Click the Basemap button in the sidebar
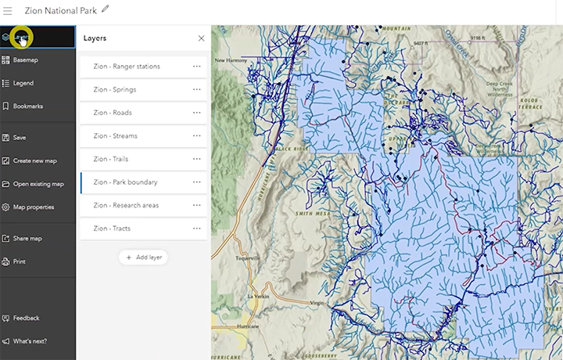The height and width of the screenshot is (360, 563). [25, 59]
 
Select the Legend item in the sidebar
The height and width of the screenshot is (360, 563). [23, 83]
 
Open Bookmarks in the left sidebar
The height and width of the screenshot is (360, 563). [27, 106]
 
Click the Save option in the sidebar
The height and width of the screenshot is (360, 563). [19, 138]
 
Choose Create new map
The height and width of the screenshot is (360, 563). [34, 161]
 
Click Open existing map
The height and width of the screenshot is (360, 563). [38, 184]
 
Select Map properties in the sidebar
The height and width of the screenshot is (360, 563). [33, 207]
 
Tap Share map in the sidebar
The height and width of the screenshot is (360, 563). [27, 239]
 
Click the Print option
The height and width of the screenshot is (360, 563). [19, 261]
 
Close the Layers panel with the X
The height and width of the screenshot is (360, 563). [201, 38]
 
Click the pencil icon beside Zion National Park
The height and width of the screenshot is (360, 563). [106, 9]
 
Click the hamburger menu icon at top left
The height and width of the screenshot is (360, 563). [8, 10]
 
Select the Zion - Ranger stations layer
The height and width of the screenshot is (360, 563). [126, 67]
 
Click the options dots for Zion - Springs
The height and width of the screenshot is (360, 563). [197, 90]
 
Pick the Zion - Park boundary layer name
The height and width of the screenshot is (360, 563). [125, 182]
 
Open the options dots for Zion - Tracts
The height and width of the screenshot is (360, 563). [197, 229]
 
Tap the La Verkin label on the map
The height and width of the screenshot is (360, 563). [257, 297]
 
